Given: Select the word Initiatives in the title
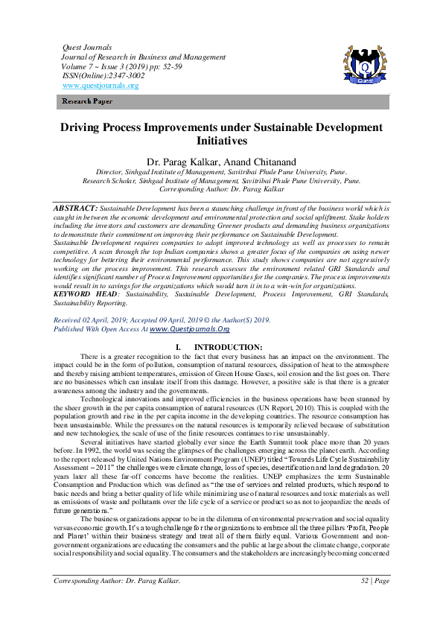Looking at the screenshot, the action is pyautogui.click(x=221, y=140).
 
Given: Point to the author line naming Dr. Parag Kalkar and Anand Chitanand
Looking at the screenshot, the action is pyautogui.click(x=221, y=161).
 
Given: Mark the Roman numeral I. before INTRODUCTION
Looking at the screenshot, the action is pyautogui.click(x=177, y=348).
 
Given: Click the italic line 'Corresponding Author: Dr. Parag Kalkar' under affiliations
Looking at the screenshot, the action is pyautogui.click(x=221, y=189).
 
